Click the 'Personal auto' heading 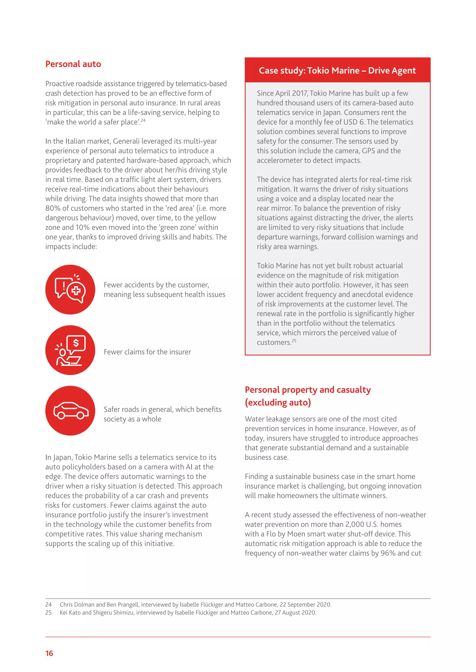pyautogui.click(x=73, y=64)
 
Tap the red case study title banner pyautogui.click(x=337, y=71)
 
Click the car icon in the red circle pyautogui.click(x=70, y=411)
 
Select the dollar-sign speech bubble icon pyautogui.click(x=70, y=350)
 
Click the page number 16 pyautogui.click(x=49, y=653)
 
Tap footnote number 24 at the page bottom pyautogui.click(x=48, y=604)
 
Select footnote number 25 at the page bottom pyautogui.click(x=48, y=612)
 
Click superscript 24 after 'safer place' pyautogui.click(x=143, y=120)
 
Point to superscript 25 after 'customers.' pyautogui.click(x=294, y=340)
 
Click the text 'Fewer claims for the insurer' pyautogui.click(x=147, y=352)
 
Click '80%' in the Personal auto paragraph pyautogui.click(x=52, y=208)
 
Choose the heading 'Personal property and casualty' pyautogui.click(x=308, y=390)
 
